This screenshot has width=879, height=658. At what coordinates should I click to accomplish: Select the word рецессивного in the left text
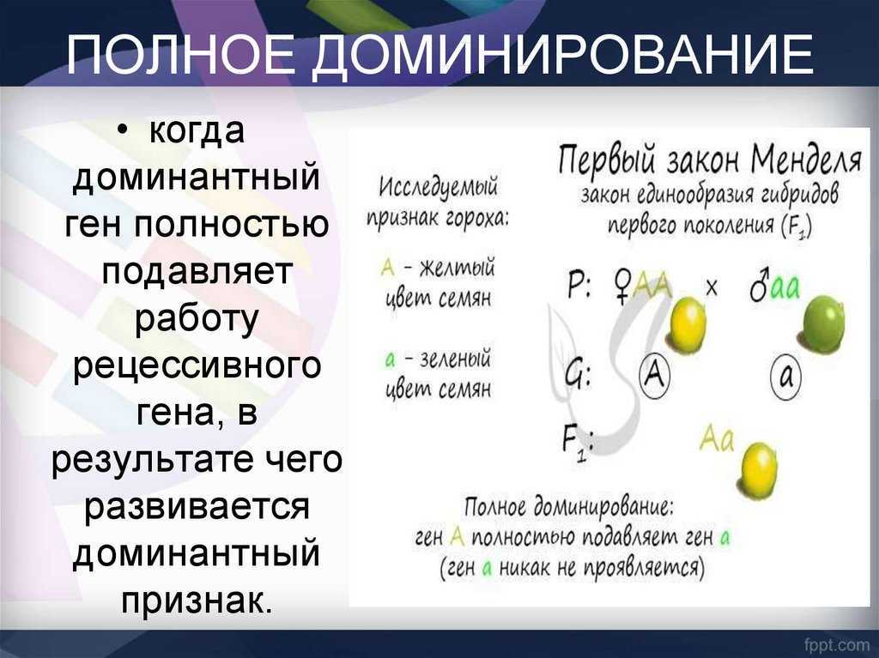[197, 365]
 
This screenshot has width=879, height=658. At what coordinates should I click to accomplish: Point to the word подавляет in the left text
[197, 271]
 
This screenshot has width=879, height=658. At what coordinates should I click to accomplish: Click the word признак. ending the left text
[197, 601]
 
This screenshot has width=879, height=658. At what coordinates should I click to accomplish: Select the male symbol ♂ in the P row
[759, 286]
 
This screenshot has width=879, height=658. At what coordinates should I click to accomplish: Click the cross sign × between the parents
[711, 288]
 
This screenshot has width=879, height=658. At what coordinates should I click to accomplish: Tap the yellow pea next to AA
[688, 324]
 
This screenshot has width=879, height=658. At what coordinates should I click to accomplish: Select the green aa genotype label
[786, 288]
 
